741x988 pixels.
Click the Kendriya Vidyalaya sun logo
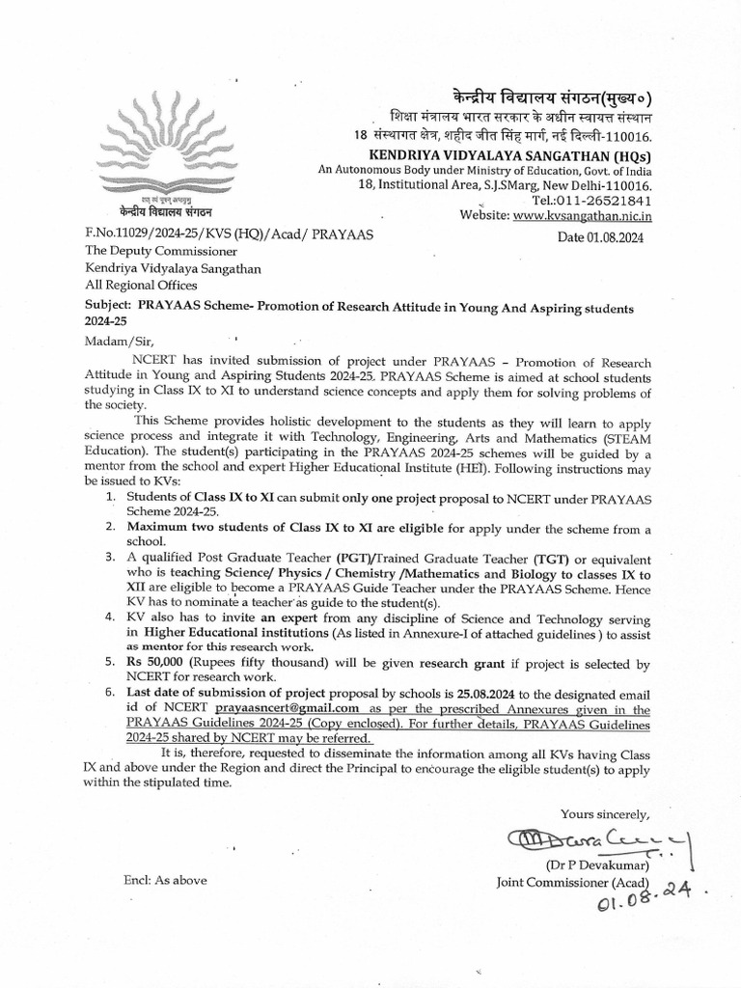click(x=161, y=154)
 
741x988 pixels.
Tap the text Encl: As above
click(x=164, y=880)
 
